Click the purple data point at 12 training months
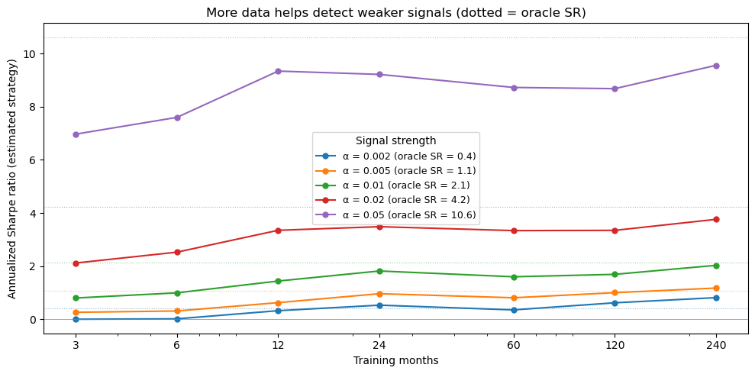[x=278, y=71]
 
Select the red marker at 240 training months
[x=716, y=220]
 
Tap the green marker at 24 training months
[x=379, y=271]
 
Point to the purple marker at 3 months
[x=76, y=134]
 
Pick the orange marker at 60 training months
[x=514, y=298]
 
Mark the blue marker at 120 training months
[x=615, y=303]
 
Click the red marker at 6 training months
[x=177, y=252]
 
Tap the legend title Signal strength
[x=395, y=141]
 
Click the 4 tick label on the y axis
[x=33, y=213]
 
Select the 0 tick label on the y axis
[x=33, y=319]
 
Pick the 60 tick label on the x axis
[x=514, y=345]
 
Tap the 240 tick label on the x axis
[x=716, y=345]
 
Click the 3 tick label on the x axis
[x=76, y=345]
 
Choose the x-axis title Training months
[x=395, y=360]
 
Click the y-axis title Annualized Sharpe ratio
[x=12, y=181]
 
